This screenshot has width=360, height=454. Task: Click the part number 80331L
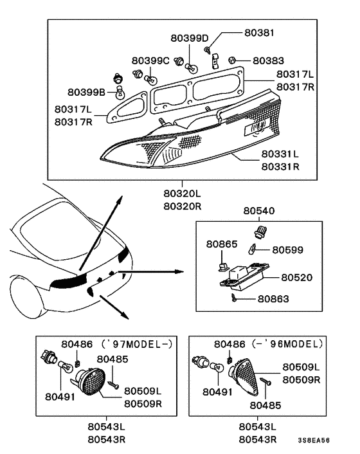(x=280, y=154)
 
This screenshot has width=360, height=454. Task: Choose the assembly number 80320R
(x=182, y=206)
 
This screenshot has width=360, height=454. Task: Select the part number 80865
(x=222, y=244)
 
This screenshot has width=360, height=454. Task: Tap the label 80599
(x=288, y=250)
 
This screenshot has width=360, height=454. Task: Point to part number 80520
(x=297, y=277)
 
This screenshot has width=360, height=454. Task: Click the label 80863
(x=274, y=299)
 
